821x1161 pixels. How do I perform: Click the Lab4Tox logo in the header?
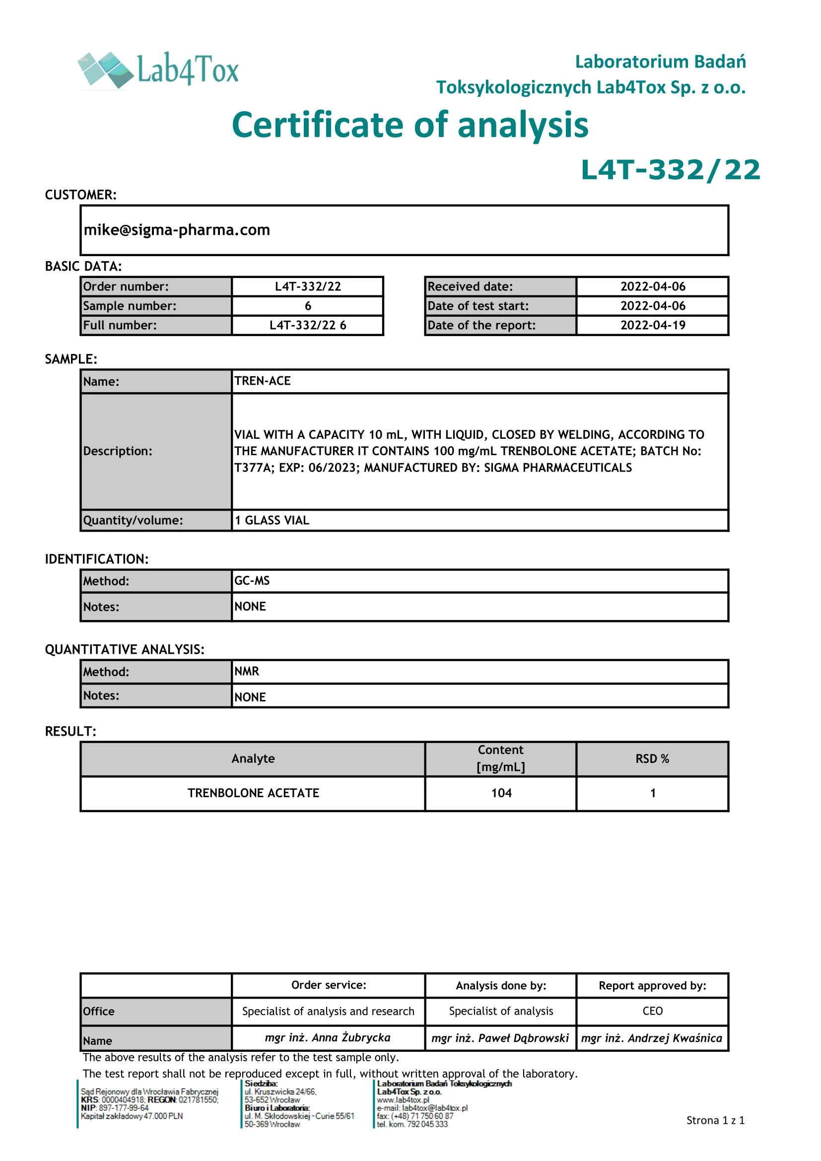(158, 70)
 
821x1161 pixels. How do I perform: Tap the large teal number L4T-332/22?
(670, 170)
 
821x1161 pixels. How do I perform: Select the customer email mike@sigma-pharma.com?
(177, 230)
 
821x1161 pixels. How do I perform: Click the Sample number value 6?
(308, 306)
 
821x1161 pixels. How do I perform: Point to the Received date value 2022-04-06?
(653, 287)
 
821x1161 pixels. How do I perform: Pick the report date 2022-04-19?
(653, 325)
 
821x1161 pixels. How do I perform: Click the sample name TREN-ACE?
(263, 381)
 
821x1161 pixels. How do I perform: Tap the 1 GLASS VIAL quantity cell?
(272, 520)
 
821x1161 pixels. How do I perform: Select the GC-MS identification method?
(252, 581)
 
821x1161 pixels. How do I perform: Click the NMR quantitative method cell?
(247, 672)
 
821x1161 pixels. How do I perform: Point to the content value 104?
(501, 793)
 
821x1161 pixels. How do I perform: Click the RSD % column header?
(652, 758)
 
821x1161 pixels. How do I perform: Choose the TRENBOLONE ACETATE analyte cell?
(253, 793)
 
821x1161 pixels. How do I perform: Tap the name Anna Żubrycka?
(328, 1037)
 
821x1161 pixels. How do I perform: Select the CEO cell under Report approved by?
(652, 1011)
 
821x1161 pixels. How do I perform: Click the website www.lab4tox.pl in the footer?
(403, 1100)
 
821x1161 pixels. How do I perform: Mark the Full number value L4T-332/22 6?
(308, 325)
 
